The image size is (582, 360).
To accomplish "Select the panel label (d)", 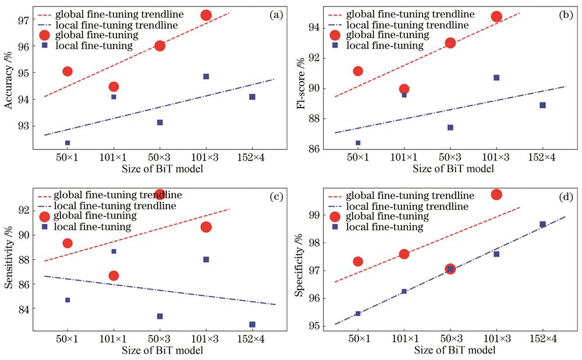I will (565, 197).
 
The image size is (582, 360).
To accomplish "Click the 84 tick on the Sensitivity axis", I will (27, 308).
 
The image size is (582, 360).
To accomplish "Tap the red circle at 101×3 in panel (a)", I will (206, 15).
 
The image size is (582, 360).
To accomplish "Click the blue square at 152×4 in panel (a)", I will (252, 97).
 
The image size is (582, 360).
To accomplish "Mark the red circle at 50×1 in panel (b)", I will (358, 71).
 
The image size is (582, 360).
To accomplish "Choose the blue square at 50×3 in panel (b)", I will (450, 127).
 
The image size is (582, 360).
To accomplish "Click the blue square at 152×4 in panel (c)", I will (252, 325).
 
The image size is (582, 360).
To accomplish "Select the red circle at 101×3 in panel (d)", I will (496, 194).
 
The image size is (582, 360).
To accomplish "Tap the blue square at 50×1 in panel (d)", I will (358, 313).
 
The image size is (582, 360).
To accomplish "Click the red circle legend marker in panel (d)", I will (335, 216).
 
